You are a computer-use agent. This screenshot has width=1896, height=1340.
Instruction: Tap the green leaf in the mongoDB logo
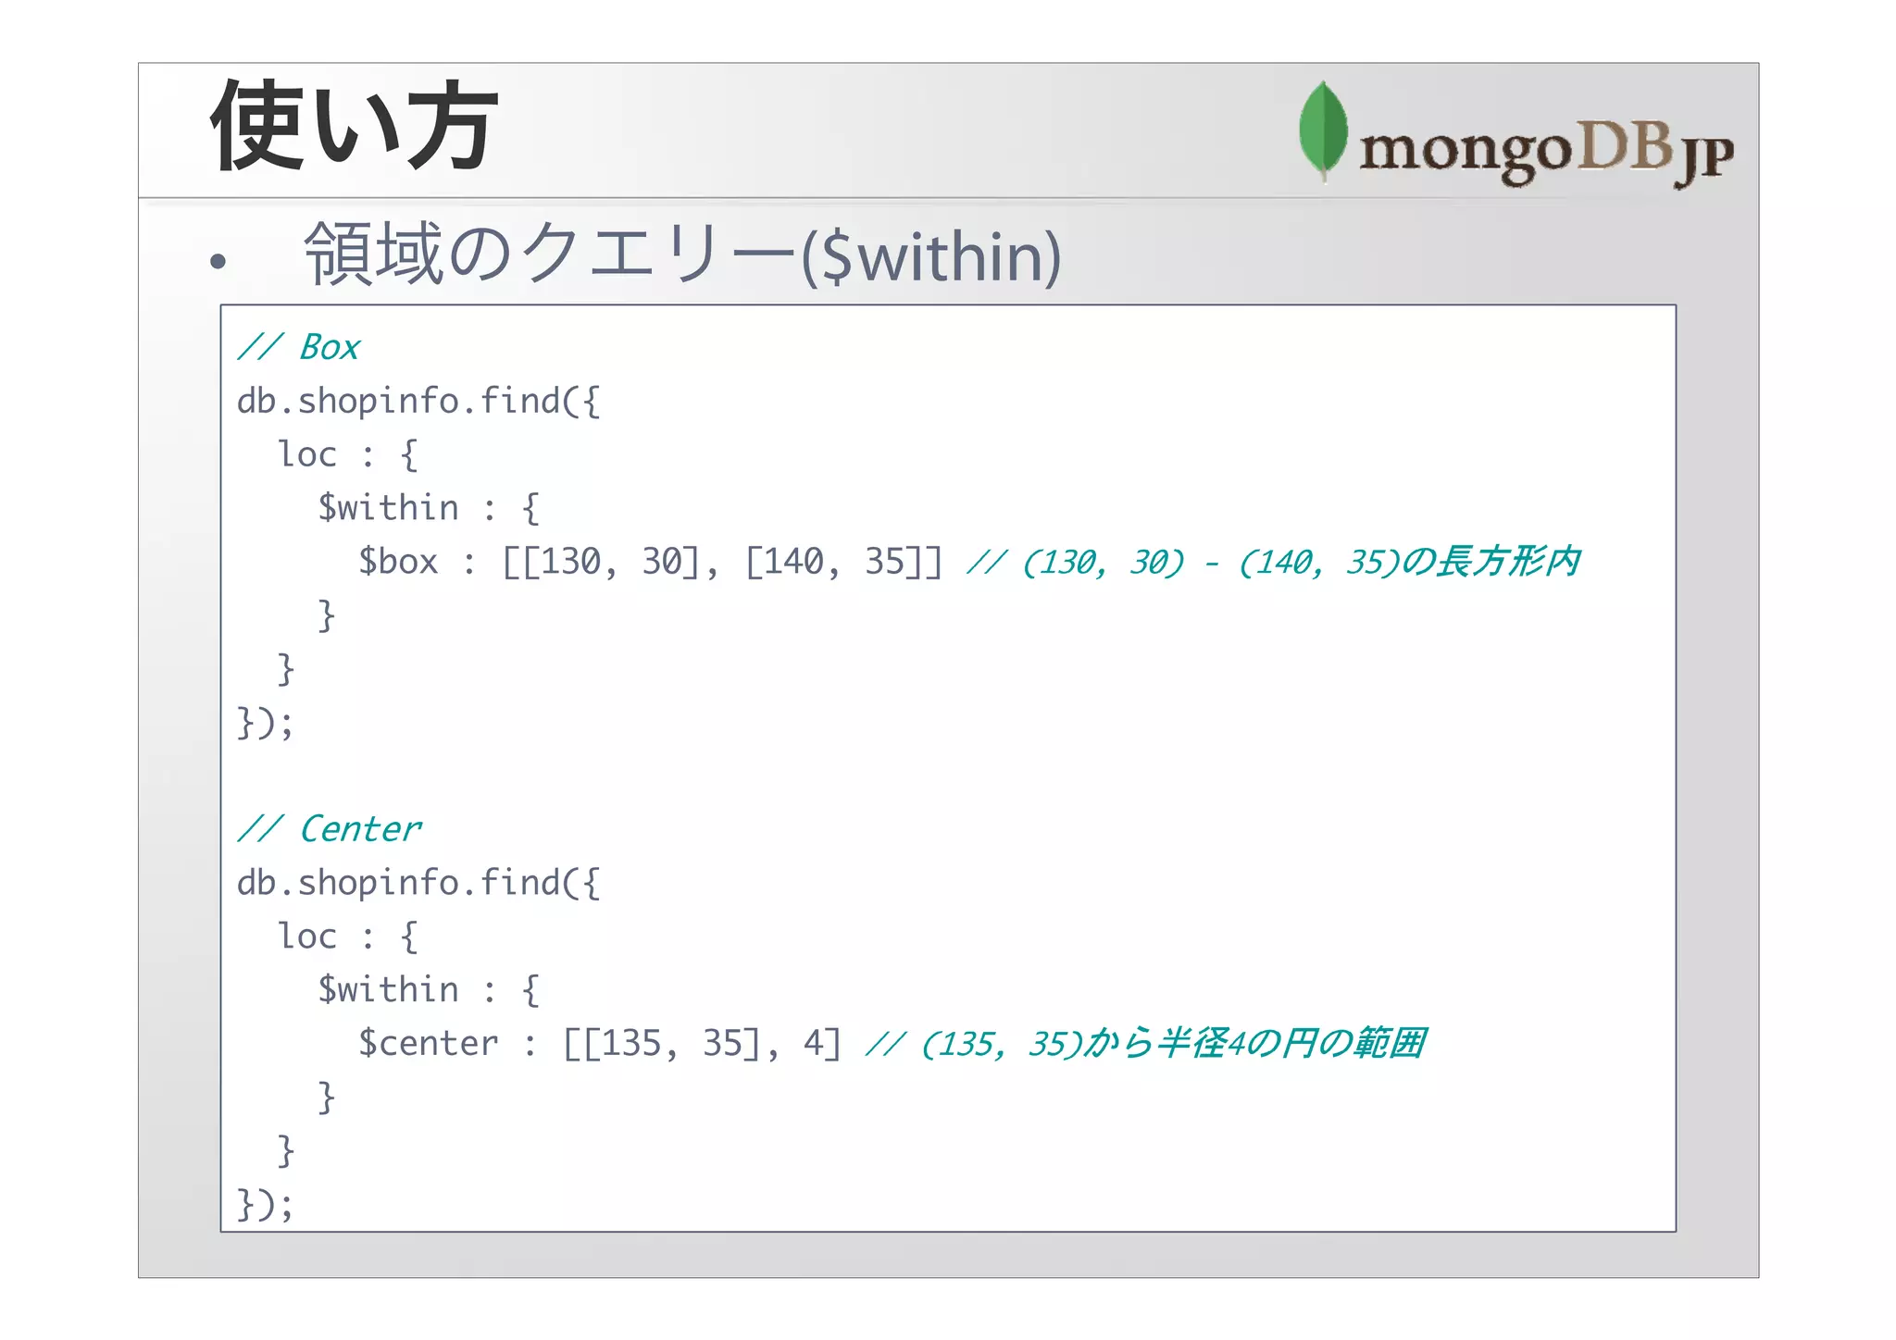pos(1323,130)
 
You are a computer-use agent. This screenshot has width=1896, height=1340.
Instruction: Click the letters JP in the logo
pos(1705,157)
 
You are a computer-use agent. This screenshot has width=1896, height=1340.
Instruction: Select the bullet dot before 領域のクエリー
pos(218,262)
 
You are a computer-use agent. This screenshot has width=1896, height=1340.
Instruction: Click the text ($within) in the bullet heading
pos(930,257)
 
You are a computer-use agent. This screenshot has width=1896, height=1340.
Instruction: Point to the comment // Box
pos(298,348)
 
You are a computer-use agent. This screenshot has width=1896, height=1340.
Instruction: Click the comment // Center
pos(330,829)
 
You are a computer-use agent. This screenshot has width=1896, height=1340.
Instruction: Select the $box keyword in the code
pos(398,562)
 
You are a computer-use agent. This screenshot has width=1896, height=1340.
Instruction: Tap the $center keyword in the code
pos(428,1044)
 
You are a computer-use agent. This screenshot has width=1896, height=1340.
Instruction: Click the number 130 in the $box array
pos(571,562)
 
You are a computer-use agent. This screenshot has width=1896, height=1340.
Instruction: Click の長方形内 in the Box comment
pos(1491,562)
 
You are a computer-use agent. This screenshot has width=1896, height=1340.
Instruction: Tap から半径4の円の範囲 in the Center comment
pos(1254,1044)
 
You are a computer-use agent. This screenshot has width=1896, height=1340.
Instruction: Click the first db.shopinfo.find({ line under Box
pos(418,402)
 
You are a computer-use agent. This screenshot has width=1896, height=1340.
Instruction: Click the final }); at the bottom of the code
pos(265,1205)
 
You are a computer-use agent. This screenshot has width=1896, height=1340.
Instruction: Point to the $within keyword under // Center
pos(388,990)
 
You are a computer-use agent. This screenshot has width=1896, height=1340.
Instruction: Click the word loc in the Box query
pos(307,455)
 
